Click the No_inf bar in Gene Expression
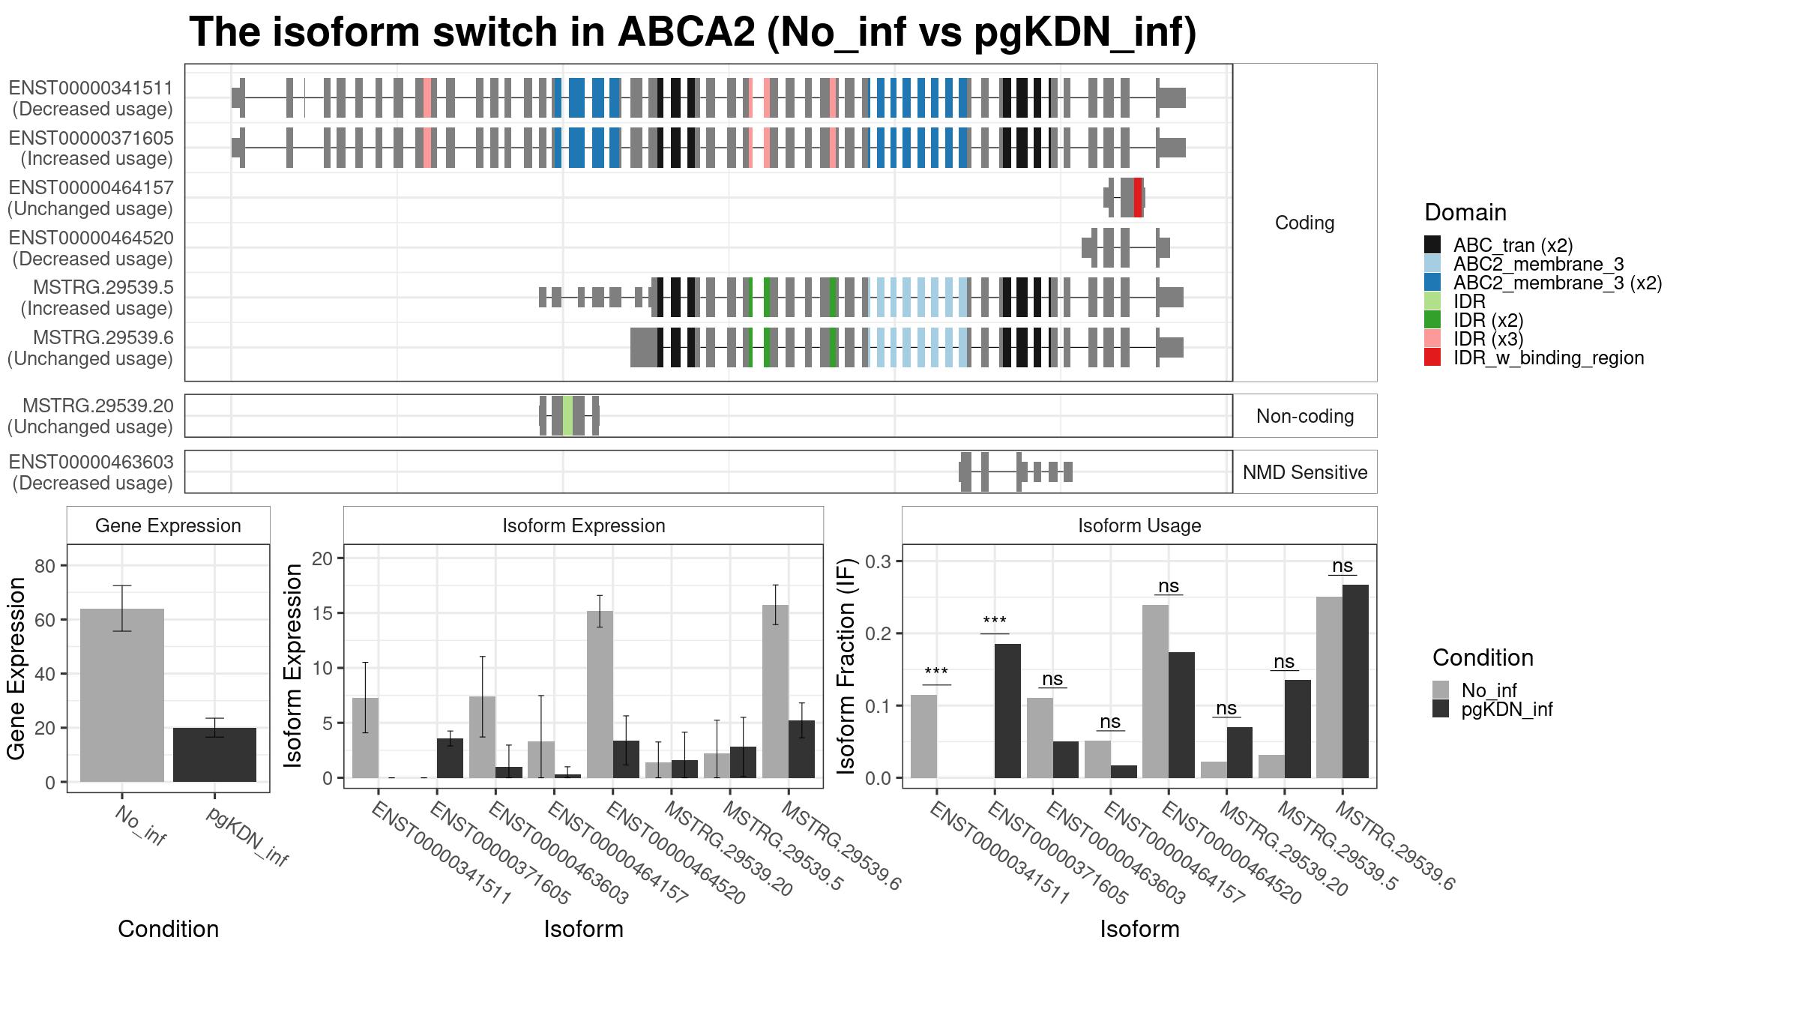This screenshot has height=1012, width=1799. [x=122, y=695]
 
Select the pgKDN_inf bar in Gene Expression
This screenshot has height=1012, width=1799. [x=214, y=755]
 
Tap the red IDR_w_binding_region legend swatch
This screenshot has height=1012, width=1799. [x=1432, y=358]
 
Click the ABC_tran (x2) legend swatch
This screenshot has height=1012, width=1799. [x=1432, y=245]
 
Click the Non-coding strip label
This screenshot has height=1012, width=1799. [x=1305, y=416]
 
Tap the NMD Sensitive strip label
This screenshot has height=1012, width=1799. [x=1305, y=472]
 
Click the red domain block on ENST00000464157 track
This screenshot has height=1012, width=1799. [x=1138, y=198]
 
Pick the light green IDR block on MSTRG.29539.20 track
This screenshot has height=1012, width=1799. [x=568, y=415]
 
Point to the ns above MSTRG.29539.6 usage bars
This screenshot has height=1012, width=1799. [x=1343, y=566]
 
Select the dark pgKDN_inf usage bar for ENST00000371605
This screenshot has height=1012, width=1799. [x=1007, y=711]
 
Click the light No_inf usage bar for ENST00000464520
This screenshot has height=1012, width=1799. [x=1155, y=691]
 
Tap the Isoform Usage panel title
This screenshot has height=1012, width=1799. [x=1139, y=525]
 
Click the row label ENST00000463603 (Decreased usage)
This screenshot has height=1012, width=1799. [x=91, y=472]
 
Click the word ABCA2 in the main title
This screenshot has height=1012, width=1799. [x=686, y=32]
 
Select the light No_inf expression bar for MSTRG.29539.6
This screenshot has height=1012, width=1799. [x=775, y=691]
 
